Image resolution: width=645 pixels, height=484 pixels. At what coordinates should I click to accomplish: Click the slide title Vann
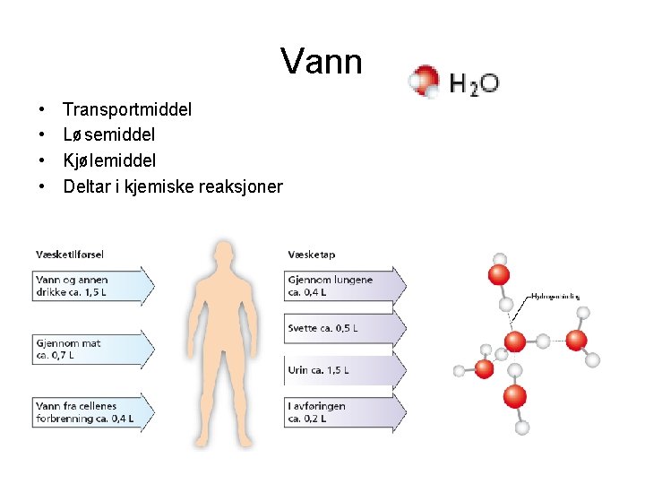click(x=321, y=62)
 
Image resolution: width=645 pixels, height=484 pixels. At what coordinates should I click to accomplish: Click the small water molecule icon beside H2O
click(x=424, y=82)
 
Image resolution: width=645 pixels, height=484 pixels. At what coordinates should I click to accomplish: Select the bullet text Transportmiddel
click(x=127, y=110)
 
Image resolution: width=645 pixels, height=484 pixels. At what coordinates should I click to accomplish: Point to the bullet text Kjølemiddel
click(x=109, y=161)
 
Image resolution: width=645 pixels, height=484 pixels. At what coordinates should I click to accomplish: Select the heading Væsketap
click(x=312, y=254)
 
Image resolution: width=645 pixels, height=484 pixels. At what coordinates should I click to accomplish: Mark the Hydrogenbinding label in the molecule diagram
click(x=555, y=296)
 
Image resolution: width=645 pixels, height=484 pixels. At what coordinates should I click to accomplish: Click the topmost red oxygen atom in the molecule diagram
click(x=499, y=273)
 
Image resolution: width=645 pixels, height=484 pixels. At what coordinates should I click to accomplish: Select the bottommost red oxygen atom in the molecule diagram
click(x=514, y=395)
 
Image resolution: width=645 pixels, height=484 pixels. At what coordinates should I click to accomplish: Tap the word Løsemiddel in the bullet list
click(x=108, y=135)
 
